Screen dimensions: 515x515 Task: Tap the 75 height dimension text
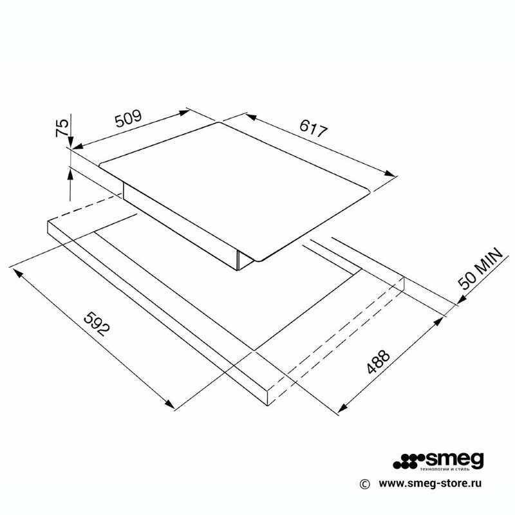[x=62, y=127]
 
